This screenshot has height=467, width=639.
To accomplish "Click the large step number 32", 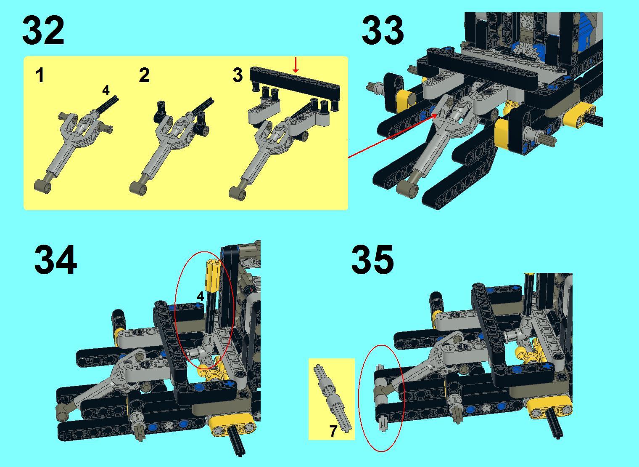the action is [x=43, y=30].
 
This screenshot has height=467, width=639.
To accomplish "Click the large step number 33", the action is [x=383, y=30].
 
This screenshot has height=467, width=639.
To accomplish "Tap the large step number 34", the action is [x=55, y=259].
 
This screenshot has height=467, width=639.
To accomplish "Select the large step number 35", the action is [x=372, y=259].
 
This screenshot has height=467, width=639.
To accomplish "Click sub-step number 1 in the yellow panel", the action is [x=40, y=75].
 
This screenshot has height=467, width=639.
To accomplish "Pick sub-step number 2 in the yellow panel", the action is [x=144, y=75].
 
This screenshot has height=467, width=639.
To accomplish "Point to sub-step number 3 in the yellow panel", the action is [x=238, y=75].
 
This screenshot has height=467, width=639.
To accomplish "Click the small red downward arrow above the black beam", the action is [x=296, y=64].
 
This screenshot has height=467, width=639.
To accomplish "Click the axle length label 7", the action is [x=333, y=431].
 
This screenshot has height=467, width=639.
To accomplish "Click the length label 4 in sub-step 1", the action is [x=106, y=90].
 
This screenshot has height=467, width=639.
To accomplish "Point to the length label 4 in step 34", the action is [x=201, y=296].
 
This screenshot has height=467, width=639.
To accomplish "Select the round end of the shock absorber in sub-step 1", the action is [x=43, y=186].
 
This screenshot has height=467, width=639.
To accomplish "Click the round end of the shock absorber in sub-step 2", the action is [x=138, y=187].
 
